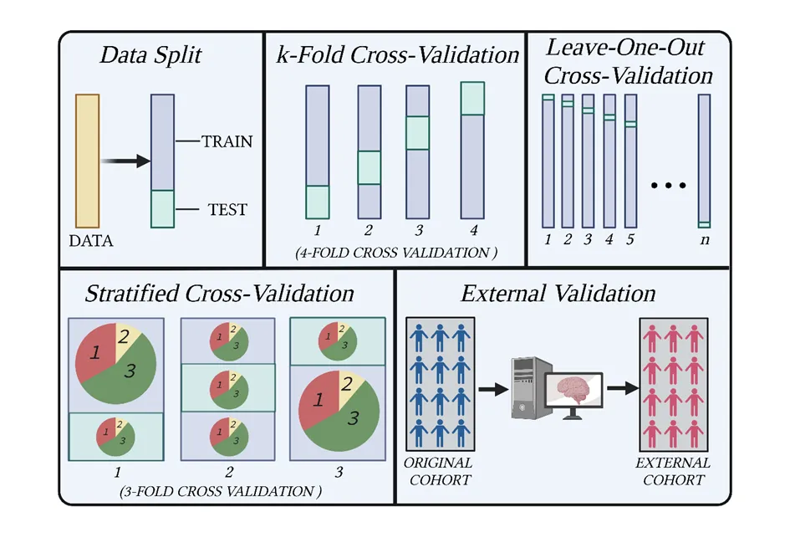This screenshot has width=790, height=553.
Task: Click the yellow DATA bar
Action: coord(88,160)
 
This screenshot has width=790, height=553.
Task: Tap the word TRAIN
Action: coord(227,141)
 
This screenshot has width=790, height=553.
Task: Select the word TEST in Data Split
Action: coord(227,209)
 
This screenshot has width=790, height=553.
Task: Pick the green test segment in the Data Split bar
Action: coord(162,208)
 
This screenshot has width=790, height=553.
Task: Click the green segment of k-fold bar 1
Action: coord(318,202)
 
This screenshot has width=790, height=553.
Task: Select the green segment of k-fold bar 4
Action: coord(472,97)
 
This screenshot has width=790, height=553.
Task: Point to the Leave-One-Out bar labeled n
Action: coord(704,161)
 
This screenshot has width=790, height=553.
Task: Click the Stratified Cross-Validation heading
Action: coord(220,294)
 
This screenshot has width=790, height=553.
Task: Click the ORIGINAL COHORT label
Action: coord(439,471)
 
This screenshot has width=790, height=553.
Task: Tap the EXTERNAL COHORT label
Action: coord(673,471)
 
